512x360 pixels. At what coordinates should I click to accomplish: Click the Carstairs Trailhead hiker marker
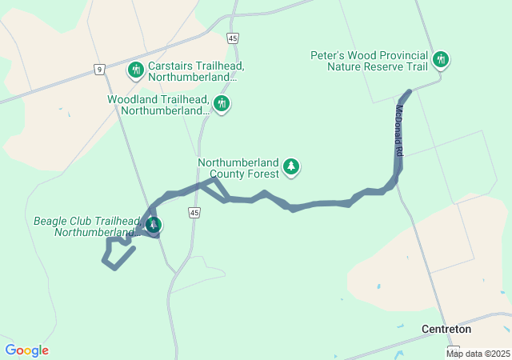136,70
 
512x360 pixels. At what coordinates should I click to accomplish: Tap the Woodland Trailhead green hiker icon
222,103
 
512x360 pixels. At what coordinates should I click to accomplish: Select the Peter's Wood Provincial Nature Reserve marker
440,59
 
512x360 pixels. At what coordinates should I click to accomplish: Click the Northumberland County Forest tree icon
292,166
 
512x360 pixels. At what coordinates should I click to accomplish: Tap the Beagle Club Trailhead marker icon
153,225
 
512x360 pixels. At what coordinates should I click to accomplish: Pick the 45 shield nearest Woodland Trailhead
233,38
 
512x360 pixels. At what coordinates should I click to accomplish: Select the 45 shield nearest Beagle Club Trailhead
194,211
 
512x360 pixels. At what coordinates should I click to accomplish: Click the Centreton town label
446,329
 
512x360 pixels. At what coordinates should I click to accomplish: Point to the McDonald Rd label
398,130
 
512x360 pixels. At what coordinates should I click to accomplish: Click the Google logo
26,350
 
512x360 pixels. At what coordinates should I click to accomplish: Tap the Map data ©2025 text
478,354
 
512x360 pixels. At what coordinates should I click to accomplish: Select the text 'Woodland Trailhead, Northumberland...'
158,105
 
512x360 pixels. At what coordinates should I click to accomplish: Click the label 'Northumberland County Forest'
238,167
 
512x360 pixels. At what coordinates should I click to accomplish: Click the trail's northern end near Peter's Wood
408,93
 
